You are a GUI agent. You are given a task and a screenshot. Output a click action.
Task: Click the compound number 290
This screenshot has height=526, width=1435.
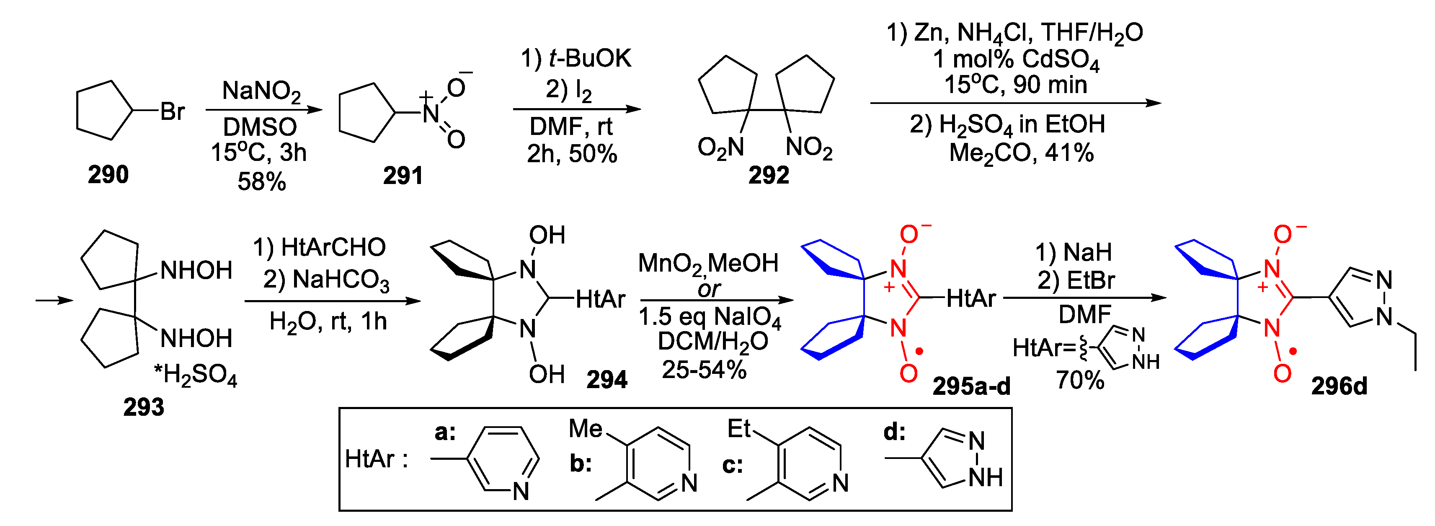(108, 175)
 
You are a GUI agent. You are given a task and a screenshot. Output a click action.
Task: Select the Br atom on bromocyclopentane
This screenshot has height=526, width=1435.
(172, 111)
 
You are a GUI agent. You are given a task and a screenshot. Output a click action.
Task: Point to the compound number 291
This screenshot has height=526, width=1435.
(403, 176)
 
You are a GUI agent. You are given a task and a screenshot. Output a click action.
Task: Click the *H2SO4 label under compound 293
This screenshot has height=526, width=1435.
(196, 376)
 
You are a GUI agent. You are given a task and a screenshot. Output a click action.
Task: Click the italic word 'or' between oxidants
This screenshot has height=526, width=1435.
(709, 289)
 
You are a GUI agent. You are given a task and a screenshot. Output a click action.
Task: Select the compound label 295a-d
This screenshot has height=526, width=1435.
(971, 386)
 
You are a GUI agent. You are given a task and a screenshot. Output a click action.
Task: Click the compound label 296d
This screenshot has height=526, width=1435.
(1339, 386)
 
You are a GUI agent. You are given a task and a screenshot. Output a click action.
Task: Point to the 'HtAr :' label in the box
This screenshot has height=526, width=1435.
(377, 459)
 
